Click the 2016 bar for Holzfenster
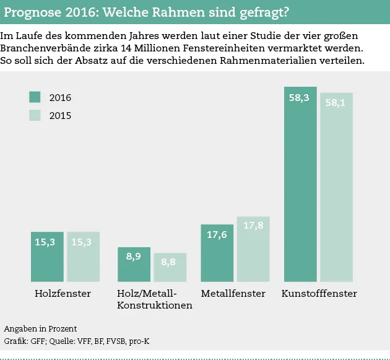pos(47,257)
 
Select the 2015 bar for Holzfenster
pos(83,257)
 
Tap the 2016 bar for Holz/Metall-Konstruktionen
pos(134,265)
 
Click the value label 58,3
pos(299,98)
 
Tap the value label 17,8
pos(253,226)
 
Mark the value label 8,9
pos(134,256)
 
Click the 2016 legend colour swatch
pos(35,97)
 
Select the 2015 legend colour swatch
pos(35,115)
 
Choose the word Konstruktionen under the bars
pos(154,305)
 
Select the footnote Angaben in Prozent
pos(40,328)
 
